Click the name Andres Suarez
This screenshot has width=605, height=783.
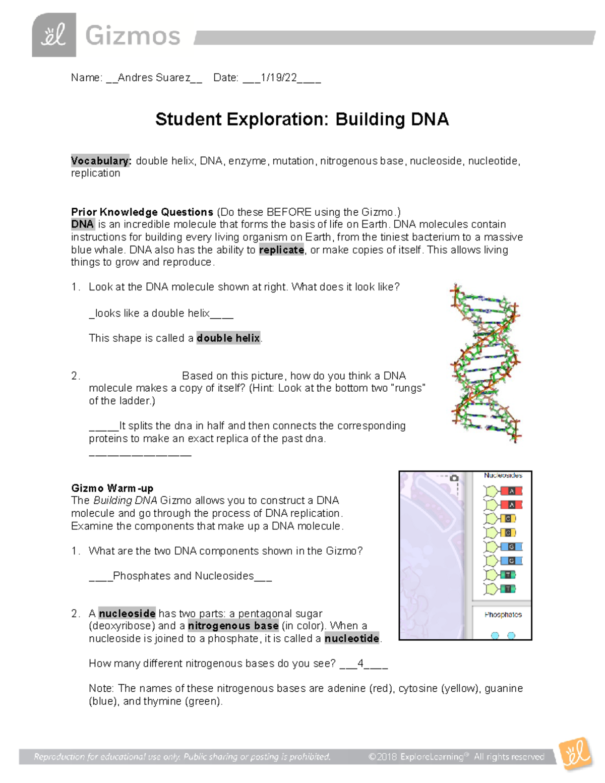154,78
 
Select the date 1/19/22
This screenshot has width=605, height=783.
279,78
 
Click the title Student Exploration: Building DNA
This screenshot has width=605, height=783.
301,119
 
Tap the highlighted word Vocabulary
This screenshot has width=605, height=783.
101,161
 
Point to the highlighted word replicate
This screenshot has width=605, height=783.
281,250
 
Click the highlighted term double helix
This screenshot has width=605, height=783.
228,338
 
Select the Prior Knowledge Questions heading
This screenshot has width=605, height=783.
142,212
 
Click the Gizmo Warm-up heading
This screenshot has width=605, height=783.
112,488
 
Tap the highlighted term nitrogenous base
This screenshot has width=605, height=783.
233,626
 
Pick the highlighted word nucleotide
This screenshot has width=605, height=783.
352,639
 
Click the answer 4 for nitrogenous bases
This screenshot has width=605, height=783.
360,664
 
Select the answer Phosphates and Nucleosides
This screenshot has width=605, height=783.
183,576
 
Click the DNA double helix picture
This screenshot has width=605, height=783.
485,363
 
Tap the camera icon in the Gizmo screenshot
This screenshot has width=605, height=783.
454,477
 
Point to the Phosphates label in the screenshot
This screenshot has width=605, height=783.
503,615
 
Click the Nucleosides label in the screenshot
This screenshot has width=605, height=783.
503,475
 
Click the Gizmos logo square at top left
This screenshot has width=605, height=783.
54,35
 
